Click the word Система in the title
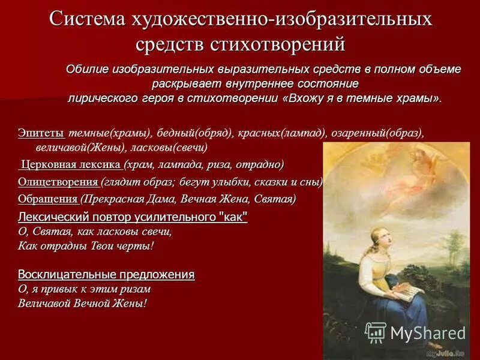tap(88, 19)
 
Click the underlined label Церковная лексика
tap(71, 164)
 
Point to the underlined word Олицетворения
tap(58, 182)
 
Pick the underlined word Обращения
tap(47, 199)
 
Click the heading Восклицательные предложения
tap(106, 274)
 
